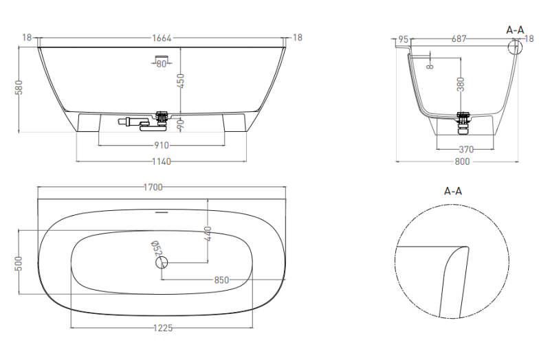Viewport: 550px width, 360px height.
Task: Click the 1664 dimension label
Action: (x=162, y=38)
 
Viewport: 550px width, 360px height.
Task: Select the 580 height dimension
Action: (x=19, y=88)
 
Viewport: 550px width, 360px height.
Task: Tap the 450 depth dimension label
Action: (x=181, y=80)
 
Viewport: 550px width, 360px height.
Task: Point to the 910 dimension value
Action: (x=162, y=145)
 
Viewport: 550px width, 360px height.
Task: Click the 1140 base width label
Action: (x=162, y=161)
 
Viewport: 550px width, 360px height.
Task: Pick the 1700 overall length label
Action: (x=153, y=187)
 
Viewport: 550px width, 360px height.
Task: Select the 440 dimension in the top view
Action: (x=208, y=234)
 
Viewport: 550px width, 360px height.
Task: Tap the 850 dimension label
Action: (x=221, y=280)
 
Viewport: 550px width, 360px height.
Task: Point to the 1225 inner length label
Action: (x=163, y=328)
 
